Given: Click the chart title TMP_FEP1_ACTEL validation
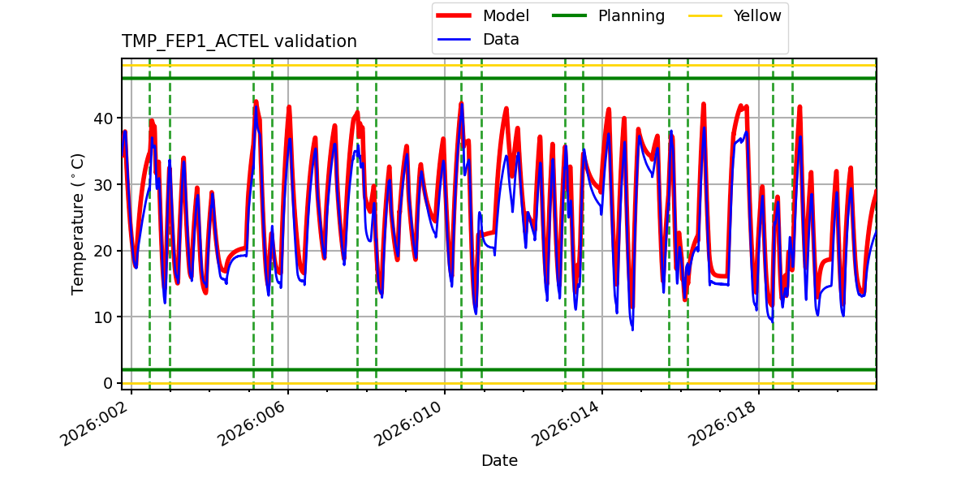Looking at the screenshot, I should pyautogui.click(x=239, y=41).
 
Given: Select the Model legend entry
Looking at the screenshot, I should pyautogui.click(x=505, y=16).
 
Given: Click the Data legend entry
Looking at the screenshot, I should pyautogui.click(x=501, y=40).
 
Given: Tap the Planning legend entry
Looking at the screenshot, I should pyautogui.click(x=631, y=16).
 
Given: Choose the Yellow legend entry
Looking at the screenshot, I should pyautogui.click(x=756, y=16).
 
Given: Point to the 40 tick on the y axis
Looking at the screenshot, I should pyautogui.click(x=102, y=119).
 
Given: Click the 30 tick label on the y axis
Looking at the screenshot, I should pyautogui.click(x=102, y=185).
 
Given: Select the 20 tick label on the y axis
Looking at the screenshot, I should pyautogui.click(x=102, y=251).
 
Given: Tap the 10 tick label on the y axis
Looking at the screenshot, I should pyautogui.click(x=102, y=317).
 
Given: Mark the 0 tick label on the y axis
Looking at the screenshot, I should pyautogui.click(x=107, y=383).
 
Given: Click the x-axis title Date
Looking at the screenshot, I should pyautogui.click(x=499, y=461).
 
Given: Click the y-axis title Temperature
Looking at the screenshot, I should pyautogui.click(x=78, y=223).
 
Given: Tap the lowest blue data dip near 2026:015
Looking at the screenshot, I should pyautogui.click(x=632, y=329).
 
